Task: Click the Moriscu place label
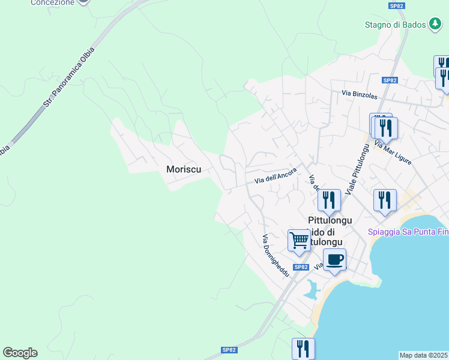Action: click(x=183, y=170)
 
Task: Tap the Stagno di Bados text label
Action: click(x=394, y=25)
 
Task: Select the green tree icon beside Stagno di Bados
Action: click(x=435, y=25)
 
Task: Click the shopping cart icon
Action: click(x=298, y=240)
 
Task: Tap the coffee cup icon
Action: click(x=334, y=259)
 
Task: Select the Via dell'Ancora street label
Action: click(x=276, y=176)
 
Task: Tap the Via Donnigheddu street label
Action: click(x=276, y=255)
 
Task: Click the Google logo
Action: click(x=20, y=353)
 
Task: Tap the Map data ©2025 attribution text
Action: click(x=423, y=355)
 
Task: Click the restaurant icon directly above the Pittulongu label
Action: click(x=328, y=200)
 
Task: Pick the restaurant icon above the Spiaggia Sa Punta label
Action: click(x=385, y=200)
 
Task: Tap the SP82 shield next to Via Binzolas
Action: click(x=390, y=80)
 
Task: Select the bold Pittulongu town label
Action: click(x=330, y=220)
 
